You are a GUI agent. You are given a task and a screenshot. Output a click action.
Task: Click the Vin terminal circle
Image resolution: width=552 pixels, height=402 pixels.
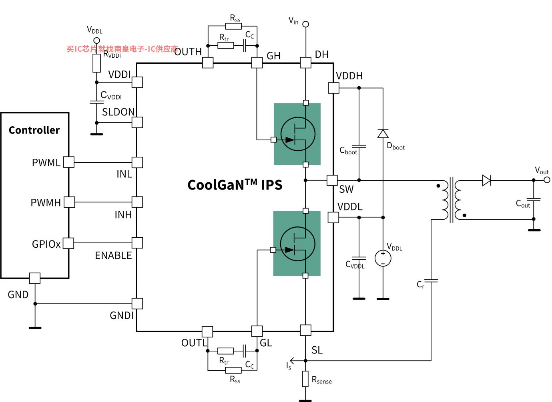pos(305,24)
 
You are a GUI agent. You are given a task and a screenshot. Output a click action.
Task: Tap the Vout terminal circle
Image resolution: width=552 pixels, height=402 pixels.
pos(547,180)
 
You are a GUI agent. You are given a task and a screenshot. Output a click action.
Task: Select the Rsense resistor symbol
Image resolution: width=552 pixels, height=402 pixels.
pos(305,379)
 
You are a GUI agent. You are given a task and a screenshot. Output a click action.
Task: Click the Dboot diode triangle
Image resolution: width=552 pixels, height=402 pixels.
pos(383,133)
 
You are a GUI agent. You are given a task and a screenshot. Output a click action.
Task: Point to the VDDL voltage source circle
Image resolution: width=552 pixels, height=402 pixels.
pos(383,259)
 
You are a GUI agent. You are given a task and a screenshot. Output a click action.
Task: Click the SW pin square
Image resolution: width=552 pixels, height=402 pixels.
pos(332,180)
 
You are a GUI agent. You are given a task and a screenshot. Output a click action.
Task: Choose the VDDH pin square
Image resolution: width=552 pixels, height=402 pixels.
pos(334,88)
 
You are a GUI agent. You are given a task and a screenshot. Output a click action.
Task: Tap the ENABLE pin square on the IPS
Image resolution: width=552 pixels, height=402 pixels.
pos(137,243)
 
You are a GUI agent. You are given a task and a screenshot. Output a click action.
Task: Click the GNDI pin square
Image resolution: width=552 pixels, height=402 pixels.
pos(137,303)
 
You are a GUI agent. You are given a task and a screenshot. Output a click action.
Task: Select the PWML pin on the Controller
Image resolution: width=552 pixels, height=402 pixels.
pos(69,162)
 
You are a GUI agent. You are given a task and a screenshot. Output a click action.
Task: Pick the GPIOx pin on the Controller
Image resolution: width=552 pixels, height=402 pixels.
pos(68,243)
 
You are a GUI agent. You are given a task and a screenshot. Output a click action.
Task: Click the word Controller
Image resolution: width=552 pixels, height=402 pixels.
pos(34,130)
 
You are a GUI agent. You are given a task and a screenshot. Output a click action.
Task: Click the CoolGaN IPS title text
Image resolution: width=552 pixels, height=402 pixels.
pos(235,185)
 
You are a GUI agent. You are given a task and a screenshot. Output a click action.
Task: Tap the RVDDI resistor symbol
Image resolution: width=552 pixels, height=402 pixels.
pos(96,63)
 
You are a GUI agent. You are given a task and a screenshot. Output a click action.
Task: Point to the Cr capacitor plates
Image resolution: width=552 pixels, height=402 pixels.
pos(431,281)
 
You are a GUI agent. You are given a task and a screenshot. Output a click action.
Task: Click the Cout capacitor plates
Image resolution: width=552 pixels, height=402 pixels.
pos(534,199)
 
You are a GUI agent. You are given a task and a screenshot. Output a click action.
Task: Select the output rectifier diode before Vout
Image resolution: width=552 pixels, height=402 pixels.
pos(486,180)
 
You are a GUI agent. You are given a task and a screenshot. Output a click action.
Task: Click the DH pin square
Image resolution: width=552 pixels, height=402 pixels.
pos(305,63)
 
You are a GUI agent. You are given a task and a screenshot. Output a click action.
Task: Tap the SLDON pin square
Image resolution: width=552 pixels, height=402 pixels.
pos(137,122)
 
